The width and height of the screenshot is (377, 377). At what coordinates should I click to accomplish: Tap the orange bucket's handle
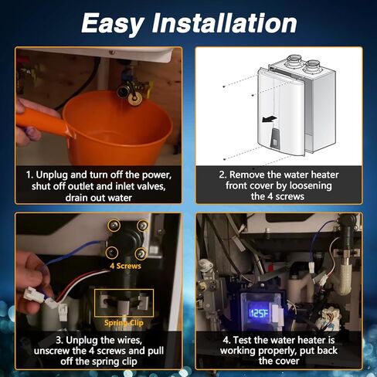coord(39,121)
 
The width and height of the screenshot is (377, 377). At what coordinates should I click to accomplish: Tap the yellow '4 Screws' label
coord(125,265)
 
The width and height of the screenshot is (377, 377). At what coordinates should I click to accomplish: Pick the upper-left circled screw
coord(114,225)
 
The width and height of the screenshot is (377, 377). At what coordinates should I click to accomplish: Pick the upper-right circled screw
coord(143,226)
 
